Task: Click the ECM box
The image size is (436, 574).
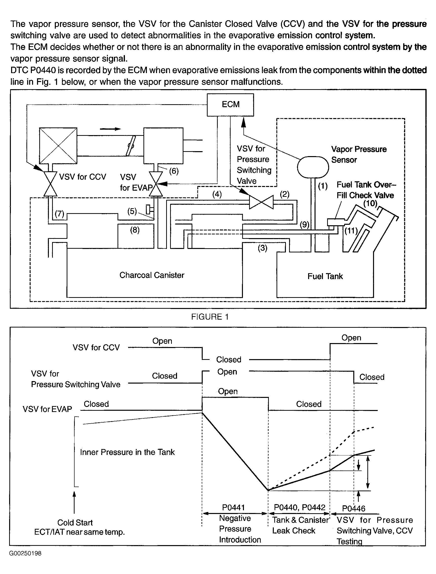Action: tap(230, 105)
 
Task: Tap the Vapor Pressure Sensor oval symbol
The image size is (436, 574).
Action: tap(313, 167)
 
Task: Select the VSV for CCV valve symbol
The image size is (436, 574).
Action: tap(50, 184)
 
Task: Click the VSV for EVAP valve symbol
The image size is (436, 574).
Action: tap(156, 184)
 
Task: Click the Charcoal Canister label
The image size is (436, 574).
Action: tap(152, 275)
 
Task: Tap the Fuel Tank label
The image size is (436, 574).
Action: tap(325, 276)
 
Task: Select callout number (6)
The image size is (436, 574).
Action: tap(174, 171)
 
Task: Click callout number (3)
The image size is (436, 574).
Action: tap(262, 248)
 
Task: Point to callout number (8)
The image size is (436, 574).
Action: tap(135, 230)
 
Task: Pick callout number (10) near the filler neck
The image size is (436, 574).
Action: tap(370, 203)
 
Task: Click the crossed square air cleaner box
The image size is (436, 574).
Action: tap(58, 146)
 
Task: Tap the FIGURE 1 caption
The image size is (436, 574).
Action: tap(210, 317)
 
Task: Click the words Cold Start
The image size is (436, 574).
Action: tap(75, 522)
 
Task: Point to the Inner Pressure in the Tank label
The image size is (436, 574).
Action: tap(127, 452)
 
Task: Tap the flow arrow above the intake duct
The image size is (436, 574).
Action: tap(110, 129)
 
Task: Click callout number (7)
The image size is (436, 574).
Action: tap(59, 214)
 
